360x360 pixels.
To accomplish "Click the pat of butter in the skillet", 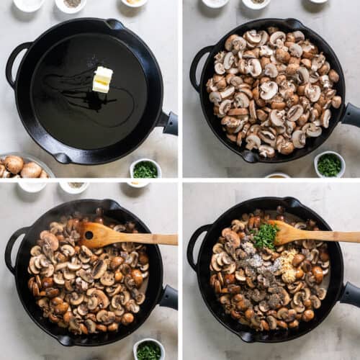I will click(x=103, y=79).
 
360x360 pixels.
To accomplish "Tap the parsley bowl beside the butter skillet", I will click(x=145, y=170).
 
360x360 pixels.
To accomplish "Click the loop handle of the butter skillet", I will click(x=16, y=64).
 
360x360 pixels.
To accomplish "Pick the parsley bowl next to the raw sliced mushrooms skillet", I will click(x=329, y=165).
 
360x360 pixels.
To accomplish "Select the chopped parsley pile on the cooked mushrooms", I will click(x=266, y=235).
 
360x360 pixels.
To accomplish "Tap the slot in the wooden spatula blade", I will click(x=89, y=235).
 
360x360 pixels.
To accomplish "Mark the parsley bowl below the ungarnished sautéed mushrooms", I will click(x=148, y=350).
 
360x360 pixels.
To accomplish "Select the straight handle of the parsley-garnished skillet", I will click(x=351, y=294).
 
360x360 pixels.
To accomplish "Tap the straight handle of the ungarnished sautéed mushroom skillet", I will click(x=168, y=297).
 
